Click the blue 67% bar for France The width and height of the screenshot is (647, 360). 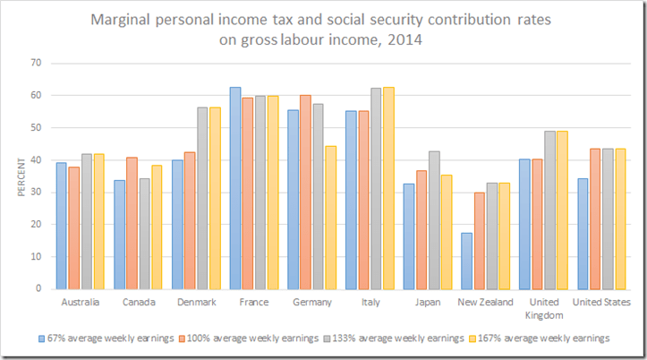tap(234, 188)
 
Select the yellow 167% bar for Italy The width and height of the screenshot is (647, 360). tap(387, 188)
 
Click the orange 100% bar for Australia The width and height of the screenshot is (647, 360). tap(74, 227)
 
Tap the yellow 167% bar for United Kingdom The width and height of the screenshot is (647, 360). tap(561, 210)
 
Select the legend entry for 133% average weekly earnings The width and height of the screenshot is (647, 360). tap(395, 339)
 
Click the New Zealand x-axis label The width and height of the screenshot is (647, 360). tap(484, 303)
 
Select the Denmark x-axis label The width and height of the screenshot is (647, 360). tap(195, 303)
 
